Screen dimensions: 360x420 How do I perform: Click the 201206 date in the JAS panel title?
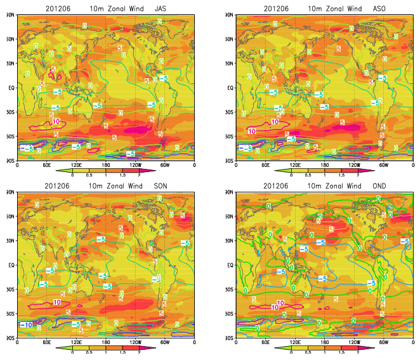59,8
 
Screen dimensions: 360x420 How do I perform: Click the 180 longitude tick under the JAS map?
106,165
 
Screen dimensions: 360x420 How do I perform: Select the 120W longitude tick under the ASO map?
354,165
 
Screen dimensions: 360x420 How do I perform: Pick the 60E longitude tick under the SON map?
46,342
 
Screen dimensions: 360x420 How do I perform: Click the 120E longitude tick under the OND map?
295,342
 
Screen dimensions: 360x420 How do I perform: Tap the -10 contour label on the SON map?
26,324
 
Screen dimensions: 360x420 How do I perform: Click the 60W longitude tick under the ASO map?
384,165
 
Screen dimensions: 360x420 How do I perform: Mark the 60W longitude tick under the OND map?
384,342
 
